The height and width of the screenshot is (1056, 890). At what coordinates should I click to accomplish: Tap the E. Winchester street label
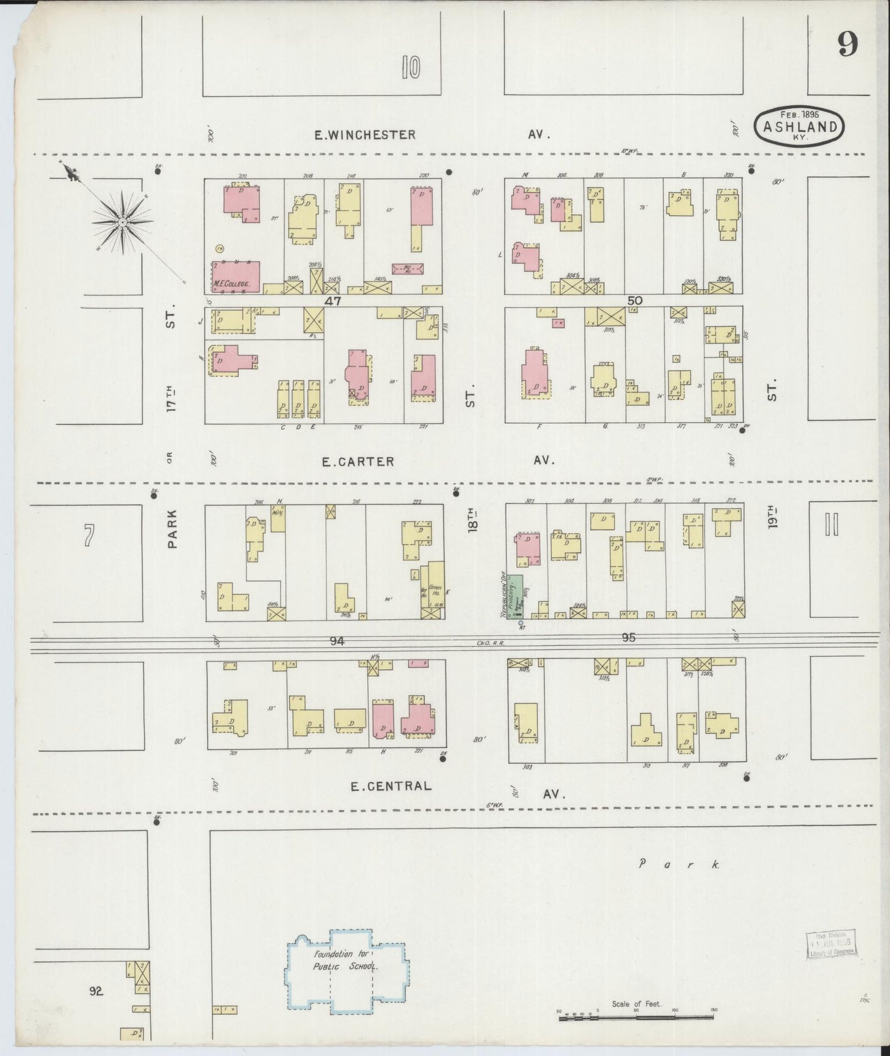pos(365,134)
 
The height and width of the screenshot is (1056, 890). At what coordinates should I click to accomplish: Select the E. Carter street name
pos(358,461)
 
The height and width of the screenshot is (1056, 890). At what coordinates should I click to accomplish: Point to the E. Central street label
pos(390,786)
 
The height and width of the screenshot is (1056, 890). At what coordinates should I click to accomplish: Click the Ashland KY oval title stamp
pos(799,127)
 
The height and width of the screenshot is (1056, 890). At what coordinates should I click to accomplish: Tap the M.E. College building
pos(236,277)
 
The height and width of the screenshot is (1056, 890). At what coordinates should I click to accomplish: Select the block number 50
pos(634,301)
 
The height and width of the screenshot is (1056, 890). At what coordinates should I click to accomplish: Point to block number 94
pos(336,641)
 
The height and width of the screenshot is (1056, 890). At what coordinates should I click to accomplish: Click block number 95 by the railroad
pos(628,638)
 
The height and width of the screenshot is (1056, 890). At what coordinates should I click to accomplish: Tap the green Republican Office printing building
pos(515,596)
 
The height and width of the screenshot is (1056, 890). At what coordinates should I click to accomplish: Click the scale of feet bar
pos(636,1018)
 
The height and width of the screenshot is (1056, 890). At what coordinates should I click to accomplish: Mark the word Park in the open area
pos(678,864)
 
